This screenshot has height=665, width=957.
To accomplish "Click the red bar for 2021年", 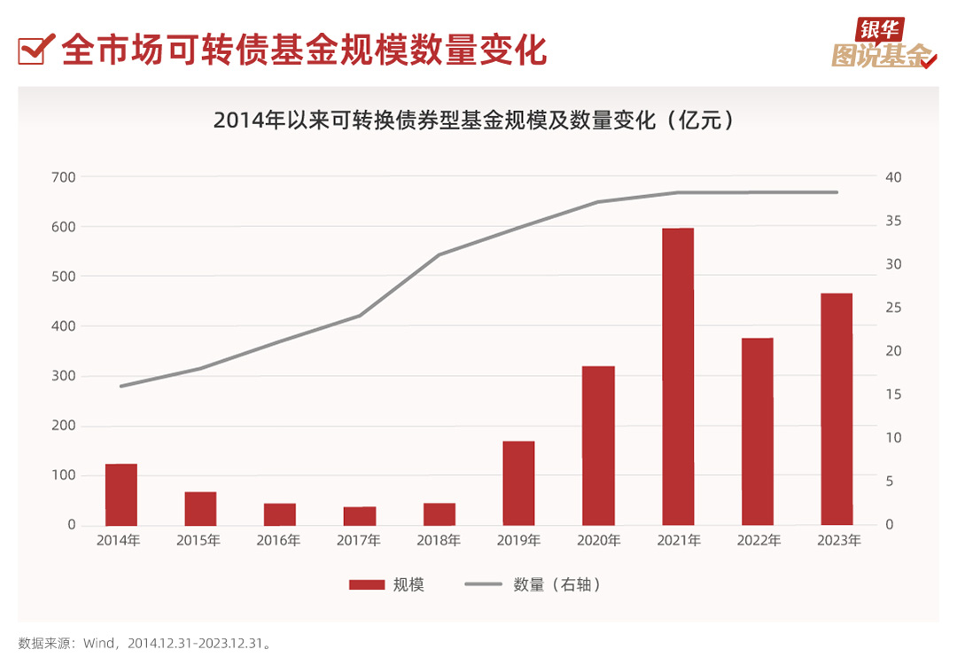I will (x=678, y=377).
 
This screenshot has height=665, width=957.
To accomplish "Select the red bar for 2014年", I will (x=121, y=494).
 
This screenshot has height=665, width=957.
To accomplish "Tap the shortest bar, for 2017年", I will (x=360, y=515).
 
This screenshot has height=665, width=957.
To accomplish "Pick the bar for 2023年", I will (x=836, y=409).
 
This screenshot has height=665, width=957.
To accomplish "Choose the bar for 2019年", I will (x=518, y=482).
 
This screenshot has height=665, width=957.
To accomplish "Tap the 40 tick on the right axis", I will (x=893, y=177).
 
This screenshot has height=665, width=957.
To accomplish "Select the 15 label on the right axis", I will (x=892, y=395).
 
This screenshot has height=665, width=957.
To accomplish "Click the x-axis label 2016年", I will (x=279, y=540).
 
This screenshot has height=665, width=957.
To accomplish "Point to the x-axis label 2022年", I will (x=758, y=540).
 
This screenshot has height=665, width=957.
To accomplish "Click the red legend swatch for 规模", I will (x=366, y=584).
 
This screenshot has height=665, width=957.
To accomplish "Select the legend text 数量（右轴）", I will (x=557, y=584).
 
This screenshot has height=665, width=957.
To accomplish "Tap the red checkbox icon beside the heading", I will (x=33, y=50).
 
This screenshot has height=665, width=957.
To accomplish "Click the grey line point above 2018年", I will (x=440, y=254).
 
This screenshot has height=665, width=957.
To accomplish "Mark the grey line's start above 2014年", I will (x=121, y=386).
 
